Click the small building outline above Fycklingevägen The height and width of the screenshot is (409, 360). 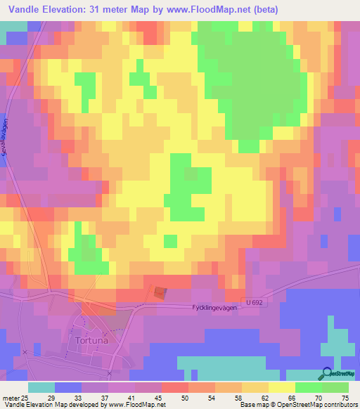pos(161,291)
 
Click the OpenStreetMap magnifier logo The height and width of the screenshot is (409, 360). pos(326,375)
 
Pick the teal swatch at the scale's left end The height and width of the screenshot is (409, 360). pos(41,387)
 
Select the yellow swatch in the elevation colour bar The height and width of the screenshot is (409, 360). pos(281,387)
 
